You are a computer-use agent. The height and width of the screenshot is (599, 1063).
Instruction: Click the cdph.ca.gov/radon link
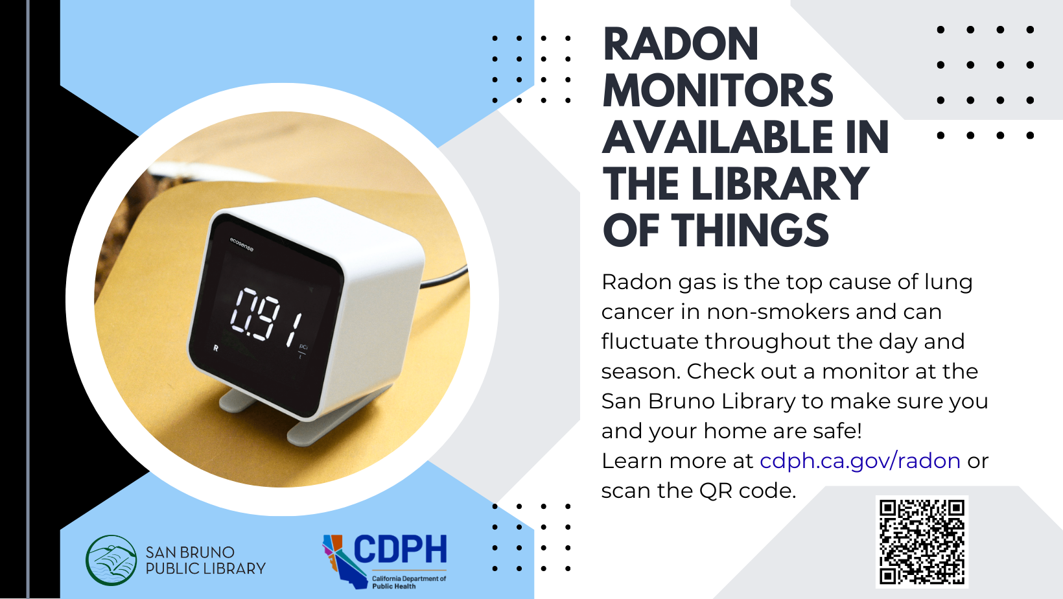[x=859, y=461]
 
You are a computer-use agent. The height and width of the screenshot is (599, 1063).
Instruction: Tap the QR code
[x=922, y=542]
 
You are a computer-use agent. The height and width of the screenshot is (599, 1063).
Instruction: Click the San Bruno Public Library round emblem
[x=111, y=560]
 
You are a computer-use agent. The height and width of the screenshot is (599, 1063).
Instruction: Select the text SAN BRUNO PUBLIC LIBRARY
[x=205, y=561]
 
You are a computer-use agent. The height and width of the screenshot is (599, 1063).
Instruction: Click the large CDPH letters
[x=401, y=550]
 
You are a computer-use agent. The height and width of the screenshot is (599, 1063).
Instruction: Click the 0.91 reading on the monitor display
[x=266, y=316]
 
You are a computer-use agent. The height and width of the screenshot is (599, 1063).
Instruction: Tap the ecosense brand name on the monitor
[x=242, y=244]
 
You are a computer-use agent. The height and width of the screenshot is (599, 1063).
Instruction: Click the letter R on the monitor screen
[x=216, y=348]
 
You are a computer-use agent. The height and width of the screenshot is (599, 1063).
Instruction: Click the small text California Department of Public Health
[x=408, y=582]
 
